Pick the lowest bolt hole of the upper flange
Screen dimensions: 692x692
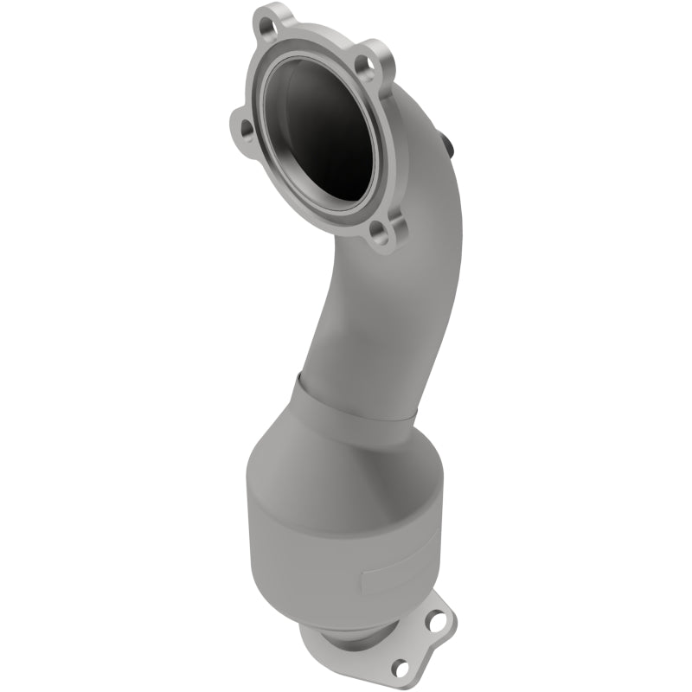(x=376, y=232)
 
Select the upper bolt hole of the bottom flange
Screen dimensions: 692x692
(x=444, y=619)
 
